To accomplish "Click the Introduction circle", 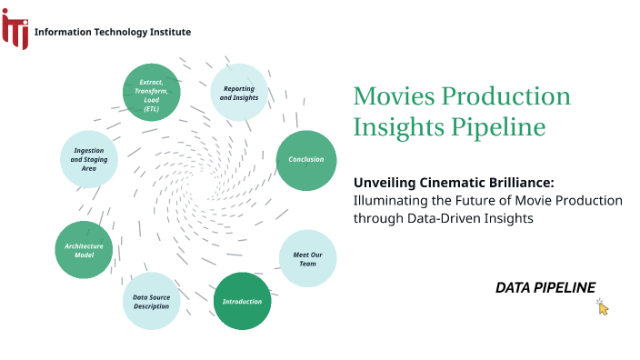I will click(242, 301).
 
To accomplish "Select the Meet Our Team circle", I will click(308, 258).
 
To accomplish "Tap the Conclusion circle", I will click(305, 160).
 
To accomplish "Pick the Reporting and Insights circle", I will click(239, 93).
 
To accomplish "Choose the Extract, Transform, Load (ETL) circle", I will click(152, 92).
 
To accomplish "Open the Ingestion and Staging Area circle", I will click(88, 158).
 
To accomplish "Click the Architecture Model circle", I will click(84, 250).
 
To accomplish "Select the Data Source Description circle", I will click(151, 301).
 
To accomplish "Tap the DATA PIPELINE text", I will click(545, 287).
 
